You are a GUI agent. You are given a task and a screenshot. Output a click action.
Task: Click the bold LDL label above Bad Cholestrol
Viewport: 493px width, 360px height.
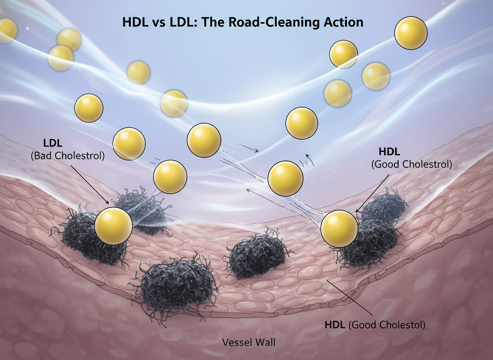(x=52, y=143)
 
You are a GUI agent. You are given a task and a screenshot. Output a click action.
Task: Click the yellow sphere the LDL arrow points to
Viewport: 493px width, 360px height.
(x=113, y=226)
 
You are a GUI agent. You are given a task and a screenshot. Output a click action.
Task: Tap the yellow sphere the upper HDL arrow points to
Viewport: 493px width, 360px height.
(x=340, y=229)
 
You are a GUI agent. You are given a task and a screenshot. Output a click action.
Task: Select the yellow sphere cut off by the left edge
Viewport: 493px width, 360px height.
(x=7, y=30)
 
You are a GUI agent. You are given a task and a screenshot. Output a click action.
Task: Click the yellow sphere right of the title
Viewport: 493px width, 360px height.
(x=411, y=33)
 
